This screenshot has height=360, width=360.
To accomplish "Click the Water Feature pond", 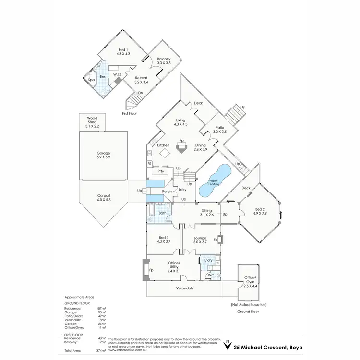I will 214,183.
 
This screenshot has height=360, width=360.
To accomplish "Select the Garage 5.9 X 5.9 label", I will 103,156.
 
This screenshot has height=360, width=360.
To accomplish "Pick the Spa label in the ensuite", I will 91,80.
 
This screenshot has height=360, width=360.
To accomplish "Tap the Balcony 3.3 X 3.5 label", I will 164,60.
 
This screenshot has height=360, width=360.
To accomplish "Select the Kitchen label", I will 163,145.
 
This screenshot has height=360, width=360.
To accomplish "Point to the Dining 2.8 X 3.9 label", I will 201,147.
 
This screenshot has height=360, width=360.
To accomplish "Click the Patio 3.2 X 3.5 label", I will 219,130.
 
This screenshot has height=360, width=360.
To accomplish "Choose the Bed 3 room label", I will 164,240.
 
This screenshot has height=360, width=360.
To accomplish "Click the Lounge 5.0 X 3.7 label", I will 200,240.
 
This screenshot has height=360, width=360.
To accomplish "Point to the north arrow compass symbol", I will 227,345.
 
